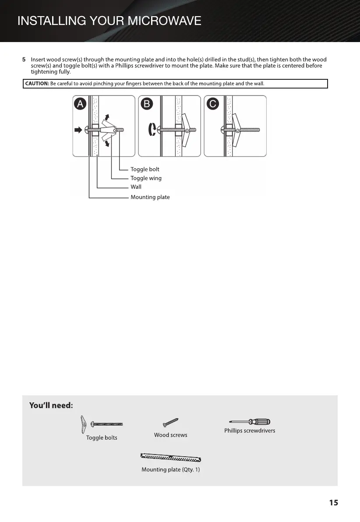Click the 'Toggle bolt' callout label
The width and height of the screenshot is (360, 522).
point(145,169)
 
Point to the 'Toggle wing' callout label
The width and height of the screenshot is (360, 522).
point(146,178)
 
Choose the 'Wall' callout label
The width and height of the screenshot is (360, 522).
point(136,187)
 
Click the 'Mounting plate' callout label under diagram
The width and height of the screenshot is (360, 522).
point(150,197)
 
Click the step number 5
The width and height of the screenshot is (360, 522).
point(24,60)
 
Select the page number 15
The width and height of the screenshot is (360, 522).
point(333,503)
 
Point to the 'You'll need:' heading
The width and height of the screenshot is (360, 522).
point(51,405)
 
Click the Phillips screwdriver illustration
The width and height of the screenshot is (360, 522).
point(250,422)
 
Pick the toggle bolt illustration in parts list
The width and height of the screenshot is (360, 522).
point(101,424)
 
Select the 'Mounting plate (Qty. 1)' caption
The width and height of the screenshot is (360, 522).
point(170,470)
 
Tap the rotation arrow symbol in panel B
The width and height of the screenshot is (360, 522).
point(152,130)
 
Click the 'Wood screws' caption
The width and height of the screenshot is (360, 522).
point(170,435)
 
